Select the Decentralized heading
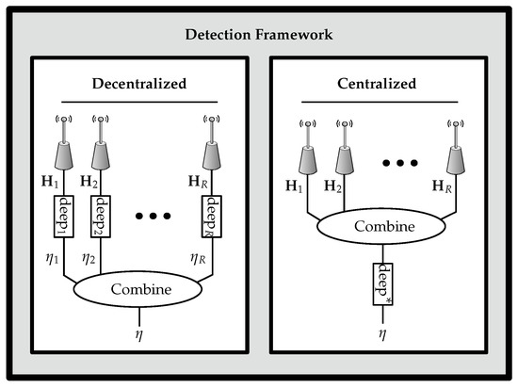click(144, 83)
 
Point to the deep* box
click(382, 278)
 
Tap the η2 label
click(89, 253)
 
